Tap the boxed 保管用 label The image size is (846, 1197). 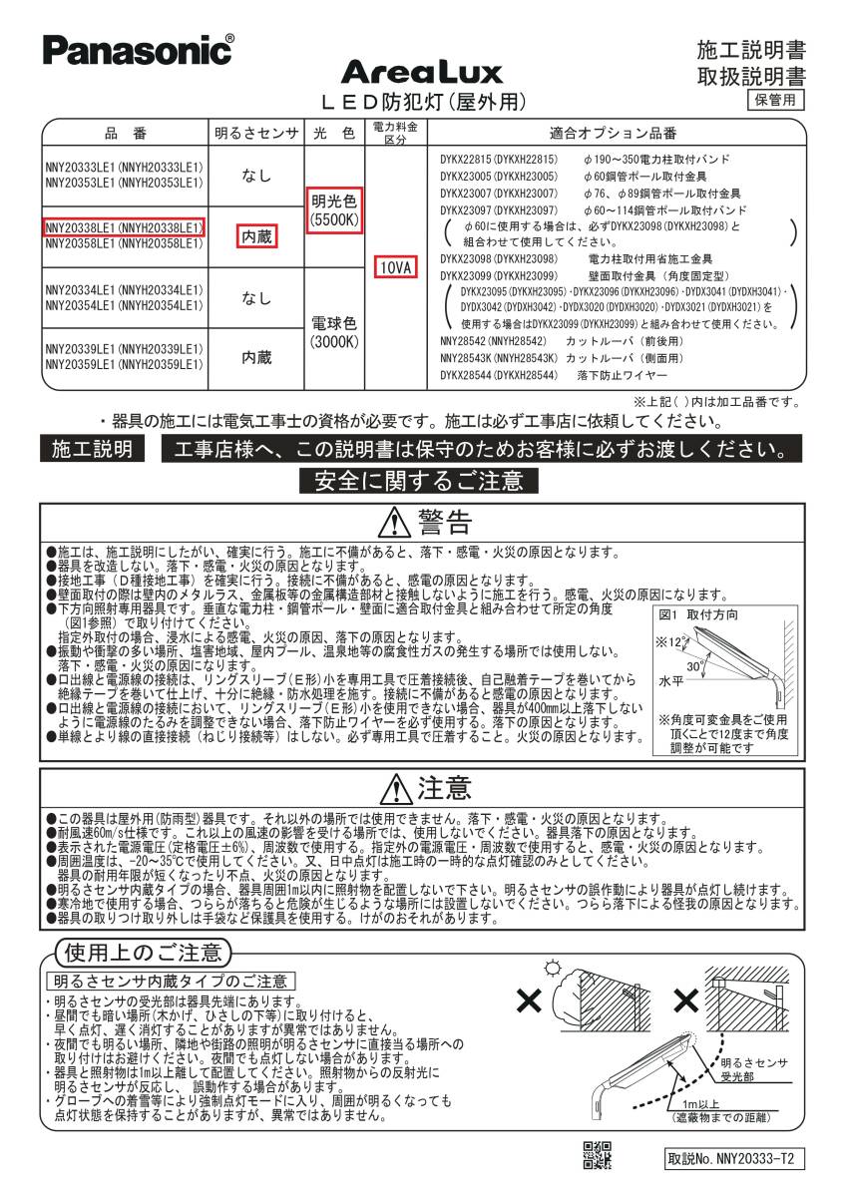pos(775,99)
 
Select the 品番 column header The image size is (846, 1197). pos(125,134)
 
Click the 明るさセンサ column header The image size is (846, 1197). pos(257,134)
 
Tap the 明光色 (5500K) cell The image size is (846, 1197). pos(334,208)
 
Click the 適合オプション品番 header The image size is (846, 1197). pos(613,134)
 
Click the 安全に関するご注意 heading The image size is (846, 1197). pos(418,482)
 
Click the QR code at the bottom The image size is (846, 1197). pos(597,1154)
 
